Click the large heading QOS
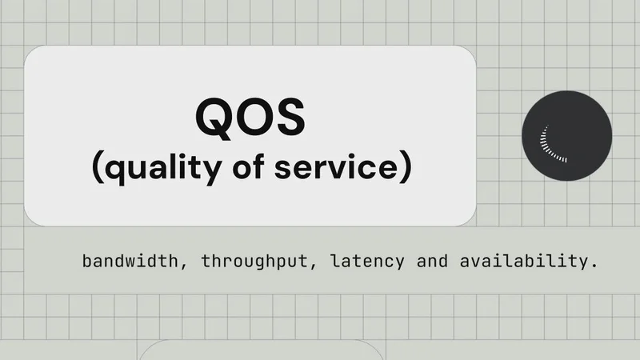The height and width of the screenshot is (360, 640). click(x=250, y=116)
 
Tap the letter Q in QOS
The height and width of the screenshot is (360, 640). click(x=214, y=116)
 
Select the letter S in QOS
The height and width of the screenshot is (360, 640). click(x=289, y=116)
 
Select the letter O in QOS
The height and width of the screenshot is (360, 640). click(x=252, y=116)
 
